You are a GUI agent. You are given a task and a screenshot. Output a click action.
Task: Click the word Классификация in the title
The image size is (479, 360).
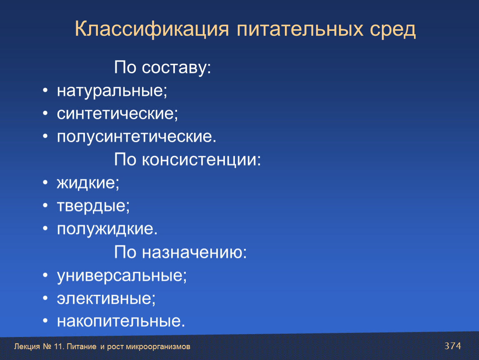[152, 30]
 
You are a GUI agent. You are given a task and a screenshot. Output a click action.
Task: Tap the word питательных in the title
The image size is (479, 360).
[300, 30]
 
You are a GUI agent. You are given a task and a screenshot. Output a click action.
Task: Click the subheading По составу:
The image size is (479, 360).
[162, 67]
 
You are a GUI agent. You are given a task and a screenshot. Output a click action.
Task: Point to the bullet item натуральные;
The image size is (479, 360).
[112, 91]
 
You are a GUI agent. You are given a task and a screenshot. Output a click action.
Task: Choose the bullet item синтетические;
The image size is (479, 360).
[117, 114]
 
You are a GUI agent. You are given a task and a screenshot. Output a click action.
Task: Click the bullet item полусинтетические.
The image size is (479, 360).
[137, 137]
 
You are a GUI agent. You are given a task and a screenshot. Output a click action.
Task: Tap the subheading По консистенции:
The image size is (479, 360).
[187, 160]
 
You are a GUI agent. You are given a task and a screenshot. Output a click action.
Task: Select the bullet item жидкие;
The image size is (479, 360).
[88, 183]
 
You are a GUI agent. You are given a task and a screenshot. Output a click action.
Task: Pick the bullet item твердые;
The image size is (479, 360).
[93, 206]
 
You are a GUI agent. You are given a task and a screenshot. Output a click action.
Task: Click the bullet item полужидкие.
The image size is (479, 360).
[107, 229]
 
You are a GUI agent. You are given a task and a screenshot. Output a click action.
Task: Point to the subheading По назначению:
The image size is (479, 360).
[180, 252]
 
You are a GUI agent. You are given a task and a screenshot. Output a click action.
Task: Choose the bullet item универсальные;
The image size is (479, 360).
[122, 276]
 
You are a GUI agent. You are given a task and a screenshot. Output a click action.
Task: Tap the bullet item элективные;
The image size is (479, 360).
[106, 299]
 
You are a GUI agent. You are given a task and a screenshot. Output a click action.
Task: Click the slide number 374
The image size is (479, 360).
[453, 346]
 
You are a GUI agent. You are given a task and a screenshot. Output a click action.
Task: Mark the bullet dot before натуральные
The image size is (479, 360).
[45, 90]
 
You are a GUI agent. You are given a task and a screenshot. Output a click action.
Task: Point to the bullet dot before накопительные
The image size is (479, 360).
[45, 321]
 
